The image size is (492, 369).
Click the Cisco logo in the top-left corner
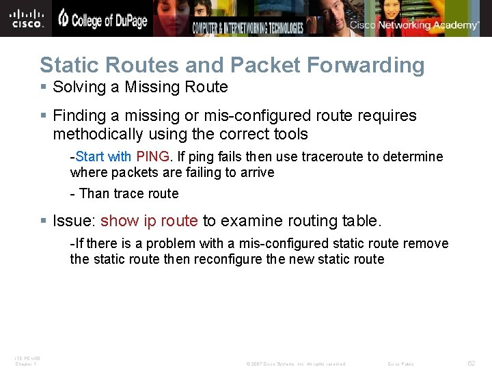point(27,18)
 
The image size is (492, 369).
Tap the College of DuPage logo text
point(102,20)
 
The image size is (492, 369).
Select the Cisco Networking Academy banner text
point(414,25)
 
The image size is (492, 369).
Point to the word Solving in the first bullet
point(78,87)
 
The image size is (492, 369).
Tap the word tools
point(290,134)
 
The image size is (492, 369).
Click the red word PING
point(154,157)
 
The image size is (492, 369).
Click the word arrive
point(256,172)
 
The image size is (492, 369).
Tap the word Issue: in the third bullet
point(74,221)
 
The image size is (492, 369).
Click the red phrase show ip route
point(149,221)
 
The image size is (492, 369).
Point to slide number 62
point(471,364)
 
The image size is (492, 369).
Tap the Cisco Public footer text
point(400,364)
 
